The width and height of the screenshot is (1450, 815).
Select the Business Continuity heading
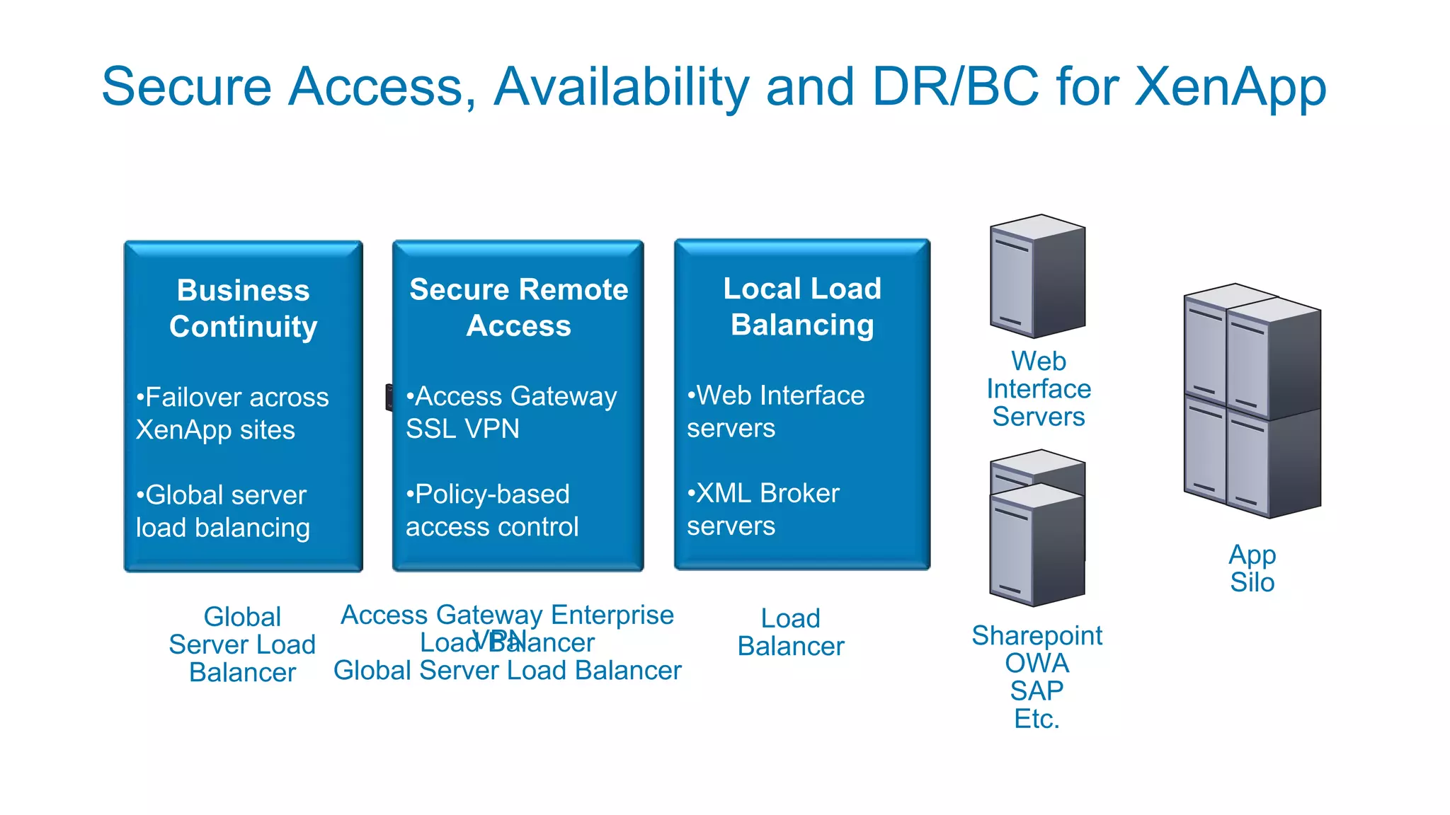[x=243, y=308]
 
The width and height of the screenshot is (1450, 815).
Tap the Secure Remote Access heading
[x=518, y=307]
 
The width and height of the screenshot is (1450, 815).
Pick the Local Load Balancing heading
[x=802, y=306]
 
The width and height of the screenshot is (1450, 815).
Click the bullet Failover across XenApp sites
[x=232, y=413]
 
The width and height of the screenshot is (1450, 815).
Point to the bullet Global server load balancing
[x=222, y=511]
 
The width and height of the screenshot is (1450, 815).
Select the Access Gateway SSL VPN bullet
[x=510, y=412]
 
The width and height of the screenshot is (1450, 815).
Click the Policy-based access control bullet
[x=492, y=510]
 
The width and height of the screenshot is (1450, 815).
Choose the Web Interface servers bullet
[x=775, y=411]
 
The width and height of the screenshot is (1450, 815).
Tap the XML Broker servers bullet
[x=763, y=509]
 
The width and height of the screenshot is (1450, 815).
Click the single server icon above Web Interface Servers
[x=1037, y=276]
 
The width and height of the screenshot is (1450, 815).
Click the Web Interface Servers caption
[x=1039, y=388]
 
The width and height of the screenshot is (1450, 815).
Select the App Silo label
[x=1252, y=568]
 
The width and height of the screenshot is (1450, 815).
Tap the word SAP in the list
[x=1037, y=690]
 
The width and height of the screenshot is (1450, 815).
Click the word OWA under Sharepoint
[x=1037, y=663]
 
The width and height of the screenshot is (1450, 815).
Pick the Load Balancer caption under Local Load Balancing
[x=791, y=632]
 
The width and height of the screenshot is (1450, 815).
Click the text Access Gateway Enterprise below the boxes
[x=507, y=614]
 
